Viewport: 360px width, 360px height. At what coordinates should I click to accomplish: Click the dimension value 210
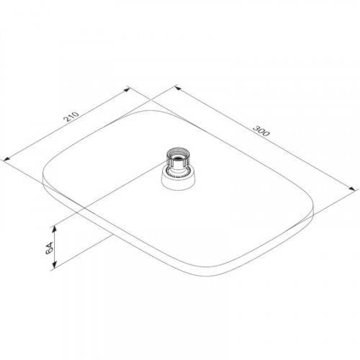tap(71, 117)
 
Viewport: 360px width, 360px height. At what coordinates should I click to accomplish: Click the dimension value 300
tap(261, 130)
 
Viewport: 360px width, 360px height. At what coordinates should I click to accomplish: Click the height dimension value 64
tap(49, 248)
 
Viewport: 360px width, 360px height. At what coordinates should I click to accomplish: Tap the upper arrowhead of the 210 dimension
tap(127, 90)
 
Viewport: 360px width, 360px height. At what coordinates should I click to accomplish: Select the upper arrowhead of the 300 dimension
tap(179, 89)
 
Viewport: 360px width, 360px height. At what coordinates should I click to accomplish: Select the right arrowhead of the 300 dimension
tap(352, 189)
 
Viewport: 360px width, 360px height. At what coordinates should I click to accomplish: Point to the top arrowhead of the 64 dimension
tap(55, 229)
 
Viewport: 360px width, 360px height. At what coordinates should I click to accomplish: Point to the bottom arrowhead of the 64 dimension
tap(55, 264)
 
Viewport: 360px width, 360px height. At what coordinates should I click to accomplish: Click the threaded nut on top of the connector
tap(178, 157)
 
